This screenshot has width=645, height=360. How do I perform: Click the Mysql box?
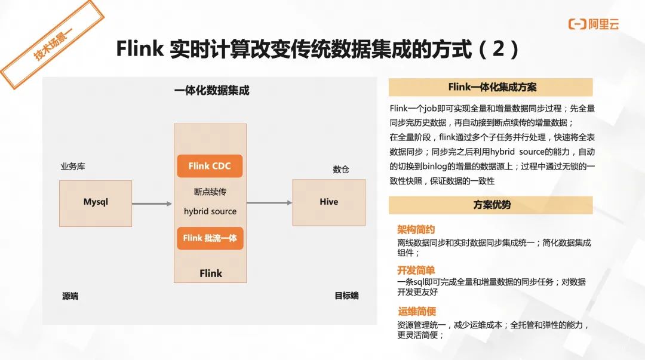click(x=96, y=203)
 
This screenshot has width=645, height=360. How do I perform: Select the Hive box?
click(x=328, y=202)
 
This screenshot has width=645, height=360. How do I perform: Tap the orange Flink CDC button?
click(x=210, y=166)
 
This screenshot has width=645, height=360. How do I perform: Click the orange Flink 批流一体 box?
click(x=210, y=238)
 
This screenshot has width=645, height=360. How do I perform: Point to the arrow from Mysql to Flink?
click(x=152, y=204)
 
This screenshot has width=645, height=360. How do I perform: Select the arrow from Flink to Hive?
click(x=269, y=202)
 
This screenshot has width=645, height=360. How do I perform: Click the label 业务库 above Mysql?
click(x=73, y=167)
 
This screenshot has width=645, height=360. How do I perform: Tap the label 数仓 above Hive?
click(x=341, y=170)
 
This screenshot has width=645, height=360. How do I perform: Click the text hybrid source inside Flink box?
click(x=210, y=211)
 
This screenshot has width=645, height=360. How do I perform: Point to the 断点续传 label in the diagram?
click(x=210, y=192)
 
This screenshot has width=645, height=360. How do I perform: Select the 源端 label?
click(x=70, y=296)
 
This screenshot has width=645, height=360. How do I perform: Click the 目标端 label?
click(x=346, y=296)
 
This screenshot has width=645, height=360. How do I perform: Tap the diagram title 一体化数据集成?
click(x=211, y=91)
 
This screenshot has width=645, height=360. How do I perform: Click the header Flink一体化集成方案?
click(x=491, y=87)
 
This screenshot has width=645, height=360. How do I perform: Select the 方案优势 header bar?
click(x=491, y=205)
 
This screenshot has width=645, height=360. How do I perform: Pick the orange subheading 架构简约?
click(x=416, y=230)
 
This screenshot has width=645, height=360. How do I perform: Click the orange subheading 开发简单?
click(x=416, y=270)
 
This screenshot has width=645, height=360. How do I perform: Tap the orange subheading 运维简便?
click(x=417, y=311)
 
